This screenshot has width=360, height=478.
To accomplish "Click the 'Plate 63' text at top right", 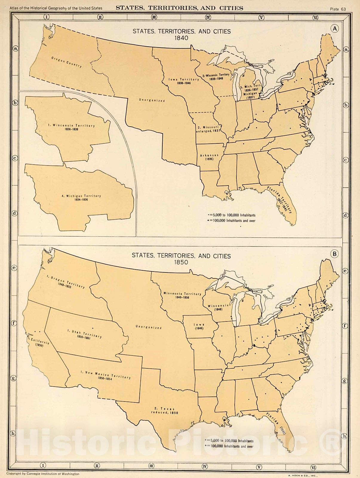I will tap(338, 9).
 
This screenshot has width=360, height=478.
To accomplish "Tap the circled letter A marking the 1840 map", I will tap(335, 28).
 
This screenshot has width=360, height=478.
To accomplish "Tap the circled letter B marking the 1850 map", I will tap(335, 254).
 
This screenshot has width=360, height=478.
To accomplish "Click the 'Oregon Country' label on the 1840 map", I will tap(66, 62).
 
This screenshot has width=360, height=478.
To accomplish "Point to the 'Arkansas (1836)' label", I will tap(209, 157).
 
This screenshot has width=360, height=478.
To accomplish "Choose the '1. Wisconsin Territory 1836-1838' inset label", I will tap(71, 127).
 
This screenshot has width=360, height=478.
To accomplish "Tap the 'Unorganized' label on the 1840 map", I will tap(152, 100).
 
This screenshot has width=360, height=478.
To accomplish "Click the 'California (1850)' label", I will tap(40, 342).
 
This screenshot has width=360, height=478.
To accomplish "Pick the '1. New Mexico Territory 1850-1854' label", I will tap(105, 376).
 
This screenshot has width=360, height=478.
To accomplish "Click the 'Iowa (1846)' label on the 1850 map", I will tap(199, 326).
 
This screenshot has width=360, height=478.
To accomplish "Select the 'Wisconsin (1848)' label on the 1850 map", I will tap(218, 307).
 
